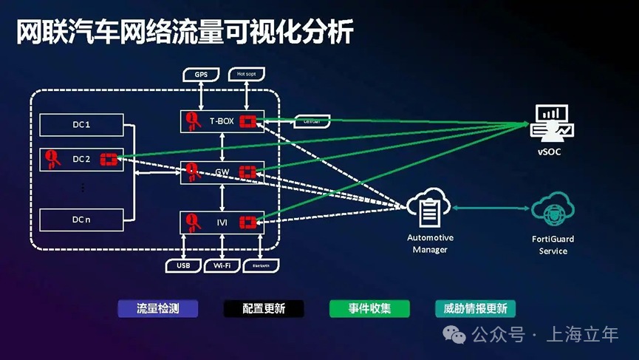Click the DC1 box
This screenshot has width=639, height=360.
click(x=81, y=125)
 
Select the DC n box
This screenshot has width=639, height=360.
click(x=81, y=220)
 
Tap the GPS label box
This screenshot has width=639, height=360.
click(x=201, y=75)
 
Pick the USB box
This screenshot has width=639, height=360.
click(x=183, y=265)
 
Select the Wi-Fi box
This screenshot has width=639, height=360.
click(x=222, y=265)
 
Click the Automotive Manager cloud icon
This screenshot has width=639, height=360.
click(x=428, y=209)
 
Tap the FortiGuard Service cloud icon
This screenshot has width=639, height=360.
click(x=553, y=211)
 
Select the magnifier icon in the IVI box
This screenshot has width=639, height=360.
click(x=192, y=221)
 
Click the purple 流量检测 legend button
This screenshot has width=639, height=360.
click(x=158, y=308)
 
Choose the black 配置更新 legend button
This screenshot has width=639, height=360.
click(x=264, y=308)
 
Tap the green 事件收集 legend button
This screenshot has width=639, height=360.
click(x=369, y=308)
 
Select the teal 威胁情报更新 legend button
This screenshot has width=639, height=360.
click(x=475, y=308)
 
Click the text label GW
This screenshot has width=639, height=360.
click(x=222, y=172)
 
